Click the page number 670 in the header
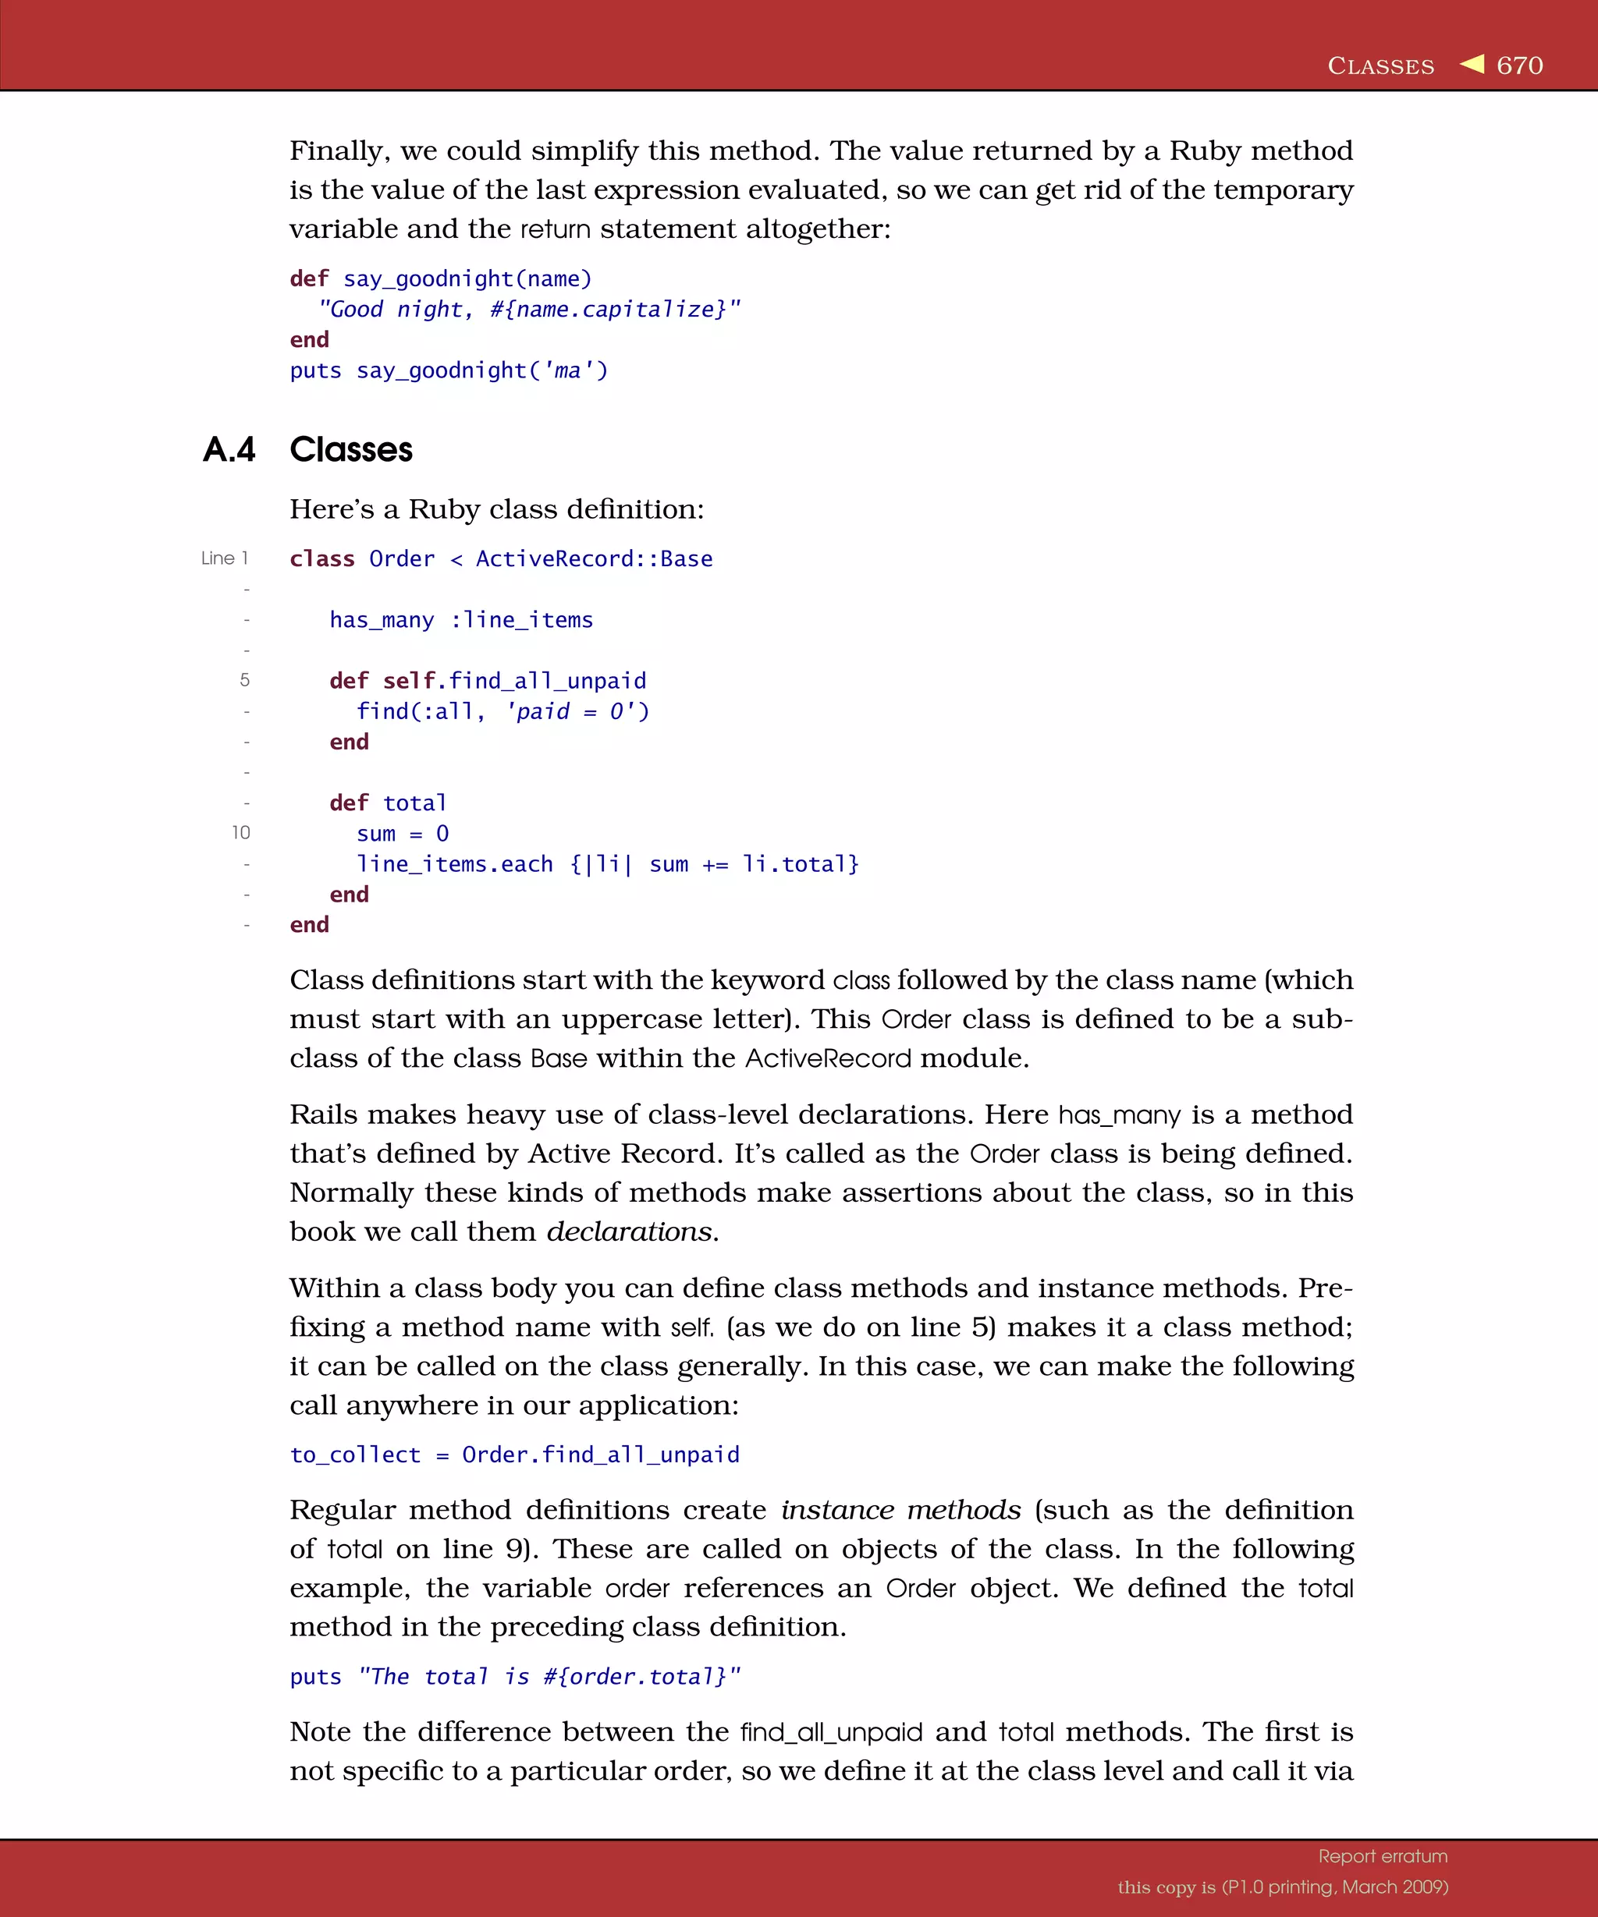coord(1519,66)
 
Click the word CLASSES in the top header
coord(1380,66)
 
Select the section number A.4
coord(229,450)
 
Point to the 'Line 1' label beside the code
coord(225,558)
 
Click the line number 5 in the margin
coord(245,680)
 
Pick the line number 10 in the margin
coord(241,832)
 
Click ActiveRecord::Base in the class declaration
coord(594,558)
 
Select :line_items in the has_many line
coord(521,620)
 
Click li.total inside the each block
coord(799,863)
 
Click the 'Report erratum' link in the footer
coord(1383,1856)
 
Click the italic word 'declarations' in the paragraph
coord(629,1231)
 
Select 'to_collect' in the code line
coord(355,1455)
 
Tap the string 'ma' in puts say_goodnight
coord(567,370)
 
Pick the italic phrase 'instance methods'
coord(900,1510)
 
